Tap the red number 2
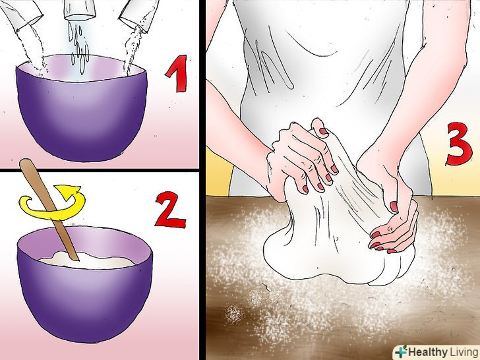tap(171, 210)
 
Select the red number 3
tap(458, 144)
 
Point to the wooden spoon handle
tap(49, 208)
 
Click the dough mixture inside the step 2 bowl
tap(87, 260)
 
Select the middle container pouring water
tap(79, 9)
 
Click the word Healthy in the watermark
tap(428, 352)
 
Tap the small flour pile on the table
tap(235, 314)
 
